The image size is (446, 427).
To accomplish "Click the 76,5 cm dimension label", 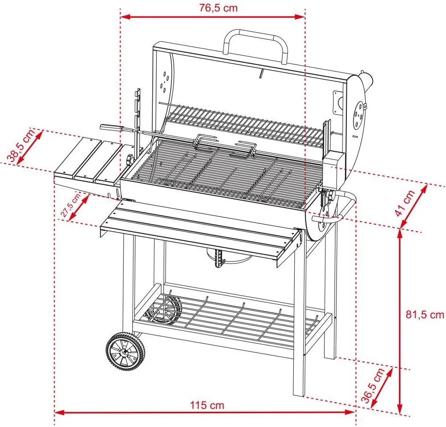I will pos(212,8).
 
